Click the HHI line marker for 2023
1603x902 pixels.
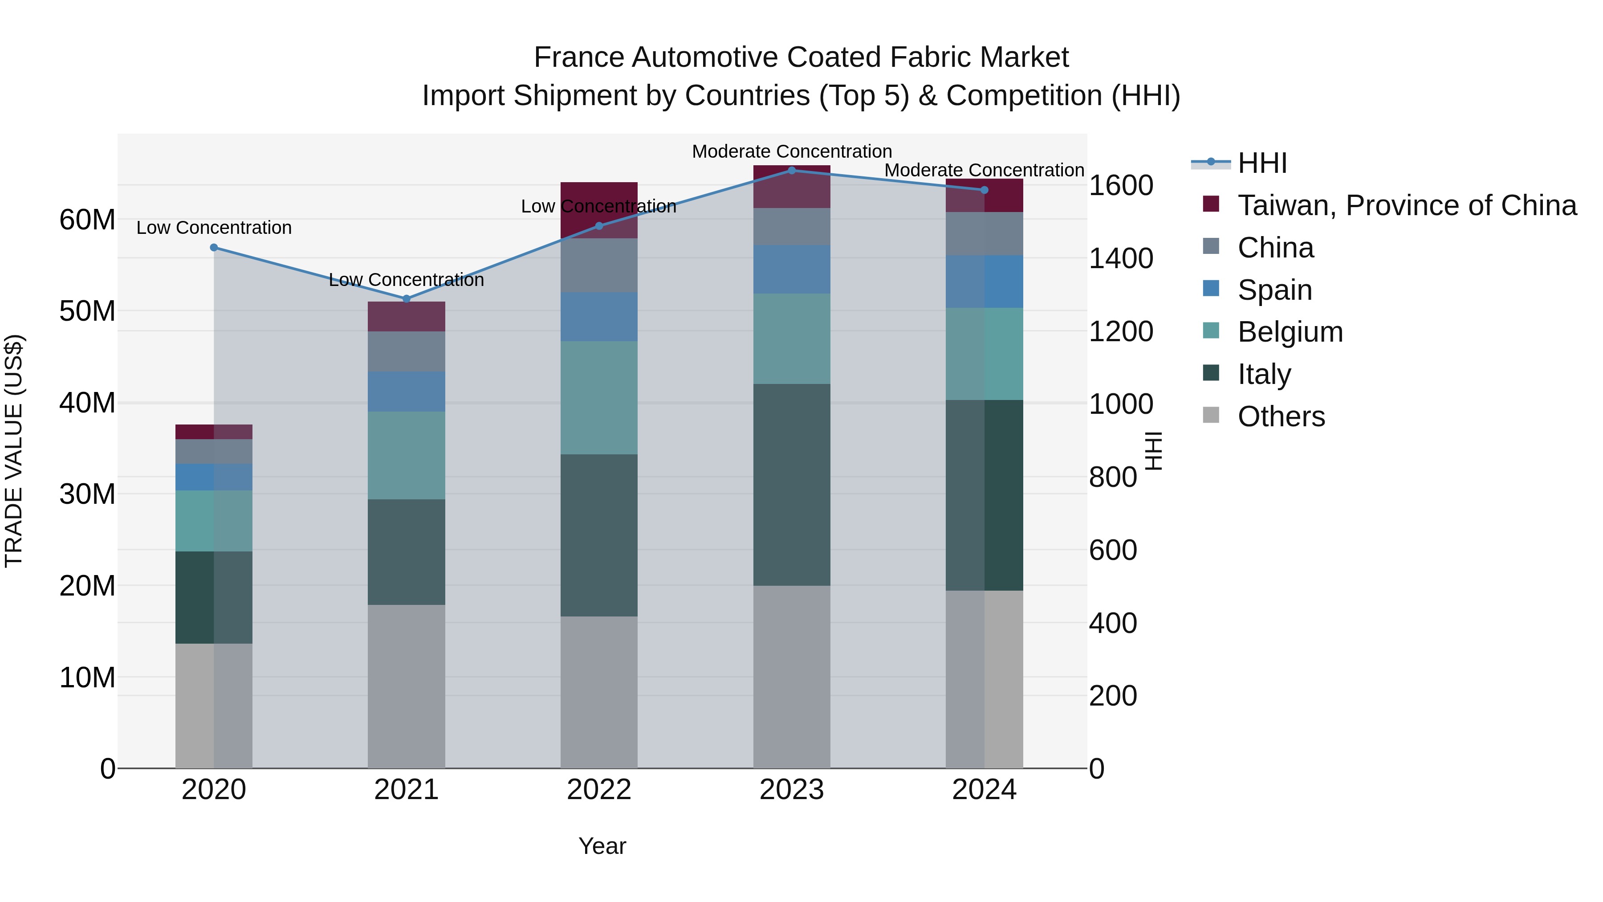pos(792,171)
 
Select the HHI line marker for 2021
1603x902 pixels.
pos(407,299)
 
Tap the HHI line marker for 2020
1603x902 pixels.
pos(214,248)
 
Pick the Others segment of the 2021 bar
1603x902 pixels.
pos(407,686)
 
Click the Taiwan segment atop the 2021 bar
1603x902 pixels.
pos(407,317)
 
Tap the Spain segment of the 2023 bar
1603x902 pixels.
pos(792,269)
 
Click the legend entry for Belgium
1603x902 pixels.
pos(1290,332)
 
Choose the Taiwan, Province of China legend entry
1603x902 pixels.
pos(1406,205)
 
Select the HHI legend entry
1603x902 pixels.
pos(1262,163)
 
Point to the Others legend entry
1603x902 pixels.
pos(1281,416)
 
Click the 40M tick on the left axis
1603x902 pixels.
pos(87,403)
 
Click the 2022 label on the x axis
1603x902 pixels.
pos(598,790)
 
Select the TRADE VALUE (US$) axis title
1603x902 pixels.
pos(14,451)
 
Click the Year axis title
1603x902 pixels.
pos(602,846)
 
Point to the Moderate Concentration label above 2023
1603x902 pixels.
pos(792,151)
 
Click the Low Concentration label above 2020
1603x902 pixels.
pos(214,228)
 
